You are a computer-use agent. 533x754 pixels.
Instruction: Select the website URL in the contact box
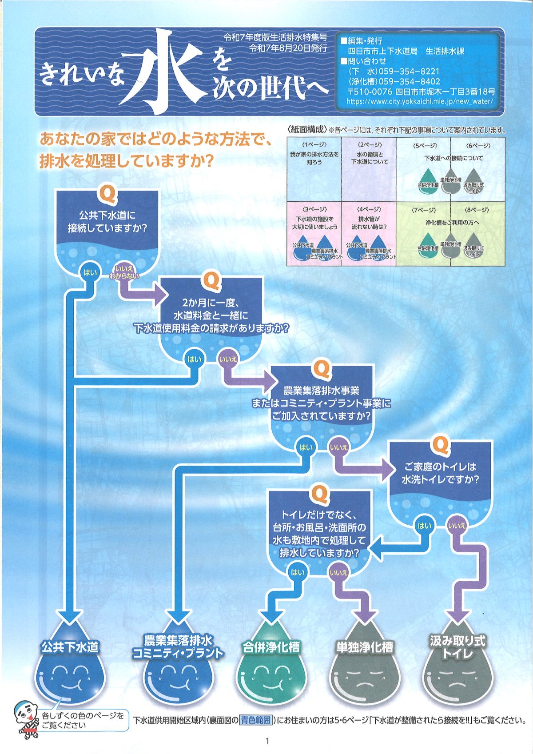pyautogui.click(x=419, y=101)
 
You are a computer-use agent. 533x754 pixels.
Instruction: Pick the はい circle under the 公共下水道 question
pyautogui.click(x=89, y=271)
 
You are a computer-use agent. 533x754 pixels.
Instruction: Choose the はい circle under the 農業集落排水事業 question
pyautogui.click(x=305, y=447)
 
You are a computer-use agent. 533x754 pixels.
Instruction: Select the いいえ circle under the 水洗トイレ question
pyautogui.click(x=456, y=526)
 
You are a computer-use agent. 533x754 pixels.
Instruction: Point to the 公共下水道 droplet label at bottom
pyautogui.click(x=70, y=646)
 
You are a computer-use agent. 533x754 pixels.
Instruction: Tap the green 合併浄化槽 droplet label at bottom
pyautogui.click(x=271, y=647)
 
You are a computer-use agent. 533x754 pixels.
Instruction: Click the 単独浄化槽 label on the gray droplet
pyautogui.click(x=364, y=647)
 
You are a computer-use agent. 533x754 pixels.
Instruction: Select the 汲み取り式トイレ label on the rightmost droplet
pyautogui.click(x=457, y=646)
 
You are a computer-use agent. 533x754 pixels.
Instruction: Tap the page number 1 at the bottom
pyautogui.click(x=267, y=741)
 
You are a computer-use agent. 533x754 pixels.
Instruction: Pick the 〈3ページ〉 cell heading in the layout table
pyautogui.click(x=314, y=209)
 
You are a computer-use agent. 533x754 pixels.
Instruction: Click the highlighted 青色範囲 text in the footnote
pyautogui.click(x=255, y=720)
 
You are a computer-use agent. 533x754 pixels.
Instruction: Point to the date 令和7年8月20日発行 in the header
pyautogui.click(x=288, y=48)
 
